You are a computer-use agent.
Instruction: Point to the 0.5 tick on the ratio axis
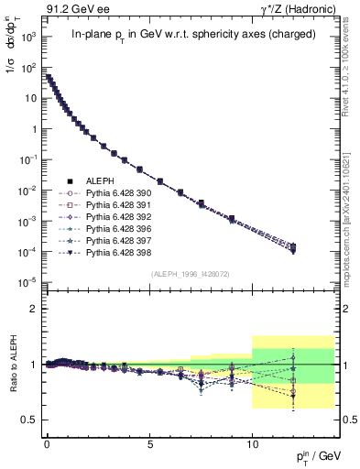pos(27,420)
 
